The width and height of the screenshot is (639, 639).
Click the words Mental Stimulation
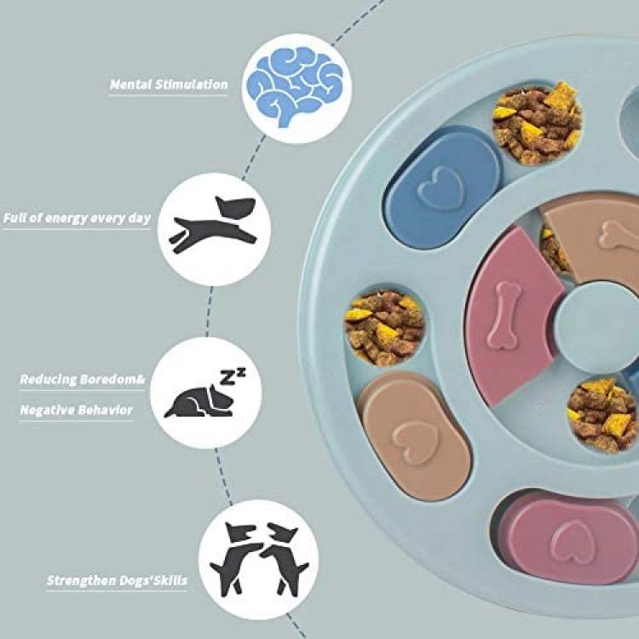pos(169,85)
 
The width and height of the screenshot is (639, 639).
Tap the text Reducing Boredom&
pos(77,379)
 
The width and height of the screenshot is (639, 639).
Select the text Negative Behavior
pos(77,411)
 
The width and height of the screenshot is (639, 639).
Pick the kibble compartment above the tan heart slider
pos(384,329)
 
